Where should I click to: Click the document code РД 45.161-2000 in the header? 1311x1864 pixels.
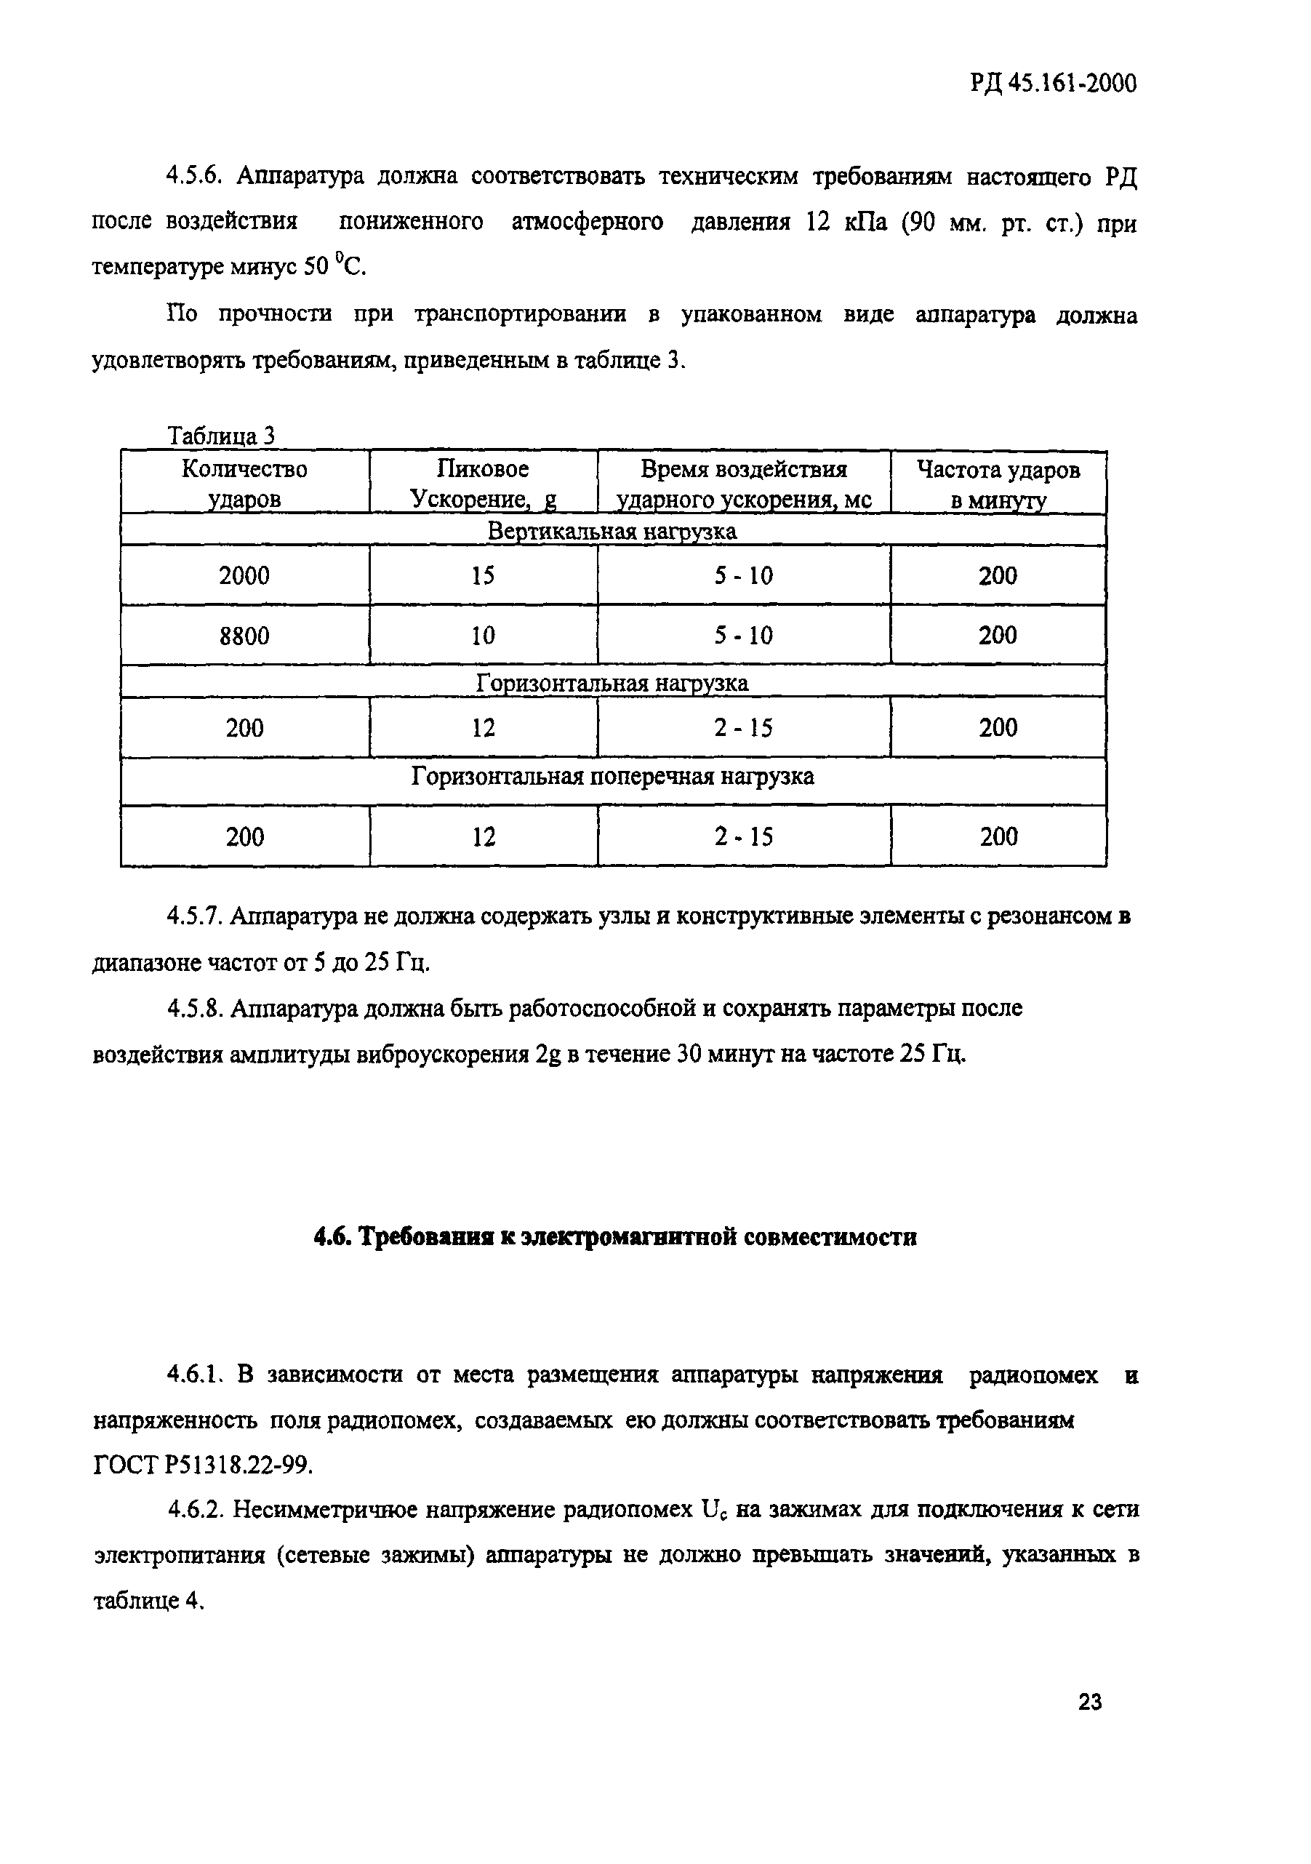[1052, 84]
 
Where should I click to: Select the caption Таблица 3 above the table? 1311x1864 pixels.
[221, 436]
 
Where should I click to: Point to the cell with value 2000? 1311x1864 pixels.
[244, 575]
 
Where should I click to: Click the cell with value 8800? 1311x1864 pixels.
[244, 635]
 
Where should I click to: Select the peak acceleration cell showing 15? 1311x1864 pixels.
[483, 575]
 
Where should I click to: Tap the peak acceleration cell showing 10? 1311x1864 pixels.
[483, 635]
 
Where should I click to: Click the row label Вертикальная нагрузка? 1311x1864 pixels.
[612, 532]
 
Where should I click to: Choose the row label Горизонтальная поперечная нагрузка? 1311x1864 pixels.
[612, 777]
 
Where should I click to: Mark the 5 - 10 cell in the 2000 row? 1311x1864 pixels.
[744, 575]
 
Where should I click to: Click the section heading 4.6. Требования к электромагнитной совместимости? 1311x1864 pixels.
[615, 1237]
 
